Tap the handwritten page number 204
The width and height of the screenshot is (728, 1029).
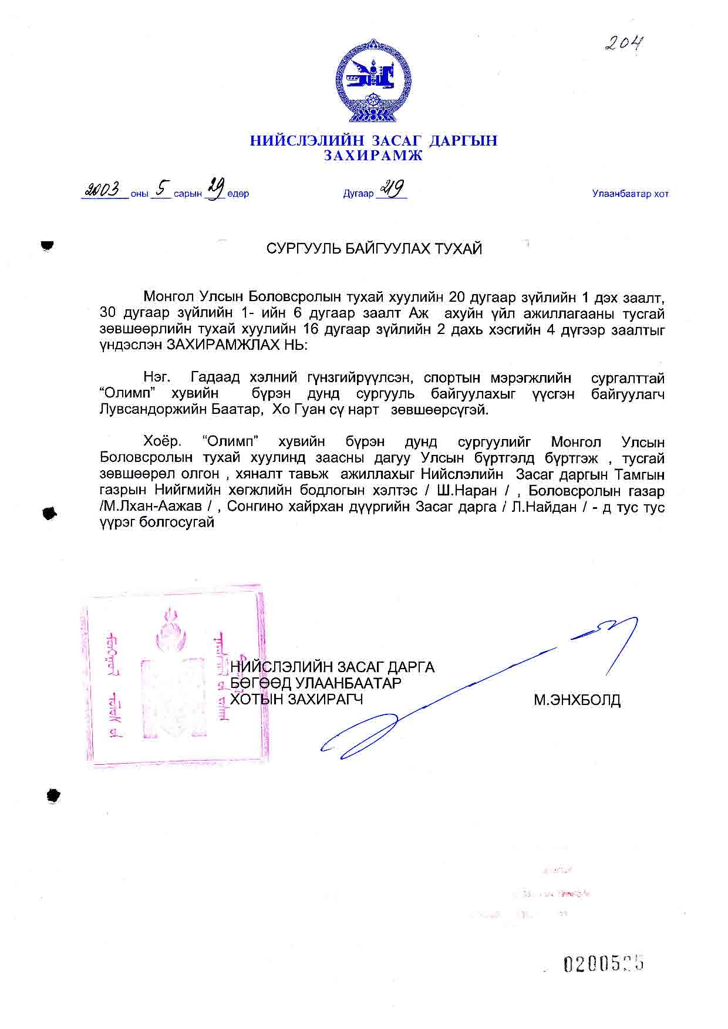[624, 43]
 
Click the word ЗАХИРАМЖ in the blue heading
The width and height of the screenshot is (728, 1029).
[373, 156]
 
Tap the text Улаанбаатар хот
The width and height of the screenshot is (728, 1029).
[630, 194]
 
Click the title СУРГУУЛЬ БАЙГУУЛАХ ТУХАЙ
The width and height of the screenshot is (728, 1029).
[374, 249]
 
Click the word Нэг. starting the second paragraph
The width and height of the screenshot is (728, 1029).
[157, 378]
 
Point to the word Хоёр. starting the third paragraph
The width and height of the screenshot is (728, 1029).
[161, 442]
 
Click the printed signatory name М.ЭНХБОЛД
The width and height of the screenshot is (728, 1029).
[577, 700]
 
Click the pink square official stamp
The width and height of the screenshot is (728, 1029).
[174, 678]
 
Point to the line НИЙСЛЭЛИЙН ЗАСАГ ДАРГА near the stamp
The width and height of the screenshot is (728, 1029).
[332, 667]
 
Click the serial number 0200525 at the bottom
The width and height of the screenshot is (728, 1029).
[604, 963]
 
